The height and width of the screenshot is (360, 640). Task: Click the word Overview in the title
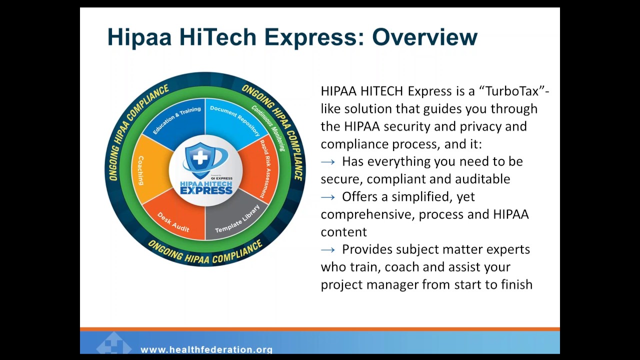424,37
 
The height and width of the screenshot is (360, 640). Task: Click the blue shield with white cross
200,158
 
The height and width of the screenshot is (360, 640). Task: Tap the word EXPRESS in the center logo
205,190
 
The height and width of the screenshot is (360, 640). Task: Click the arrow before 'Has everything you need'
328,162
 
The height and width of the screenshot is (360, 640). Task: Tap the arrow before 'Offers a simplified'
328,197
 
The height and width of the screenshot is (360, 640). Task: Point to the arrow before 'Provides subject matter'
328,249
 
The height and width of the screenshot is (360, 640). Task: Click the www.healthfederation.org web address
206,350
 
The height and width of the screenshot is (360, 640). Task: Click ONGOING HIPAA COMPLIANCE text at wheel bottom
205,253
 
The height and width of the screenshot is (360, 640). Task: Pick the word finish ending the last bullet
516,284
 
